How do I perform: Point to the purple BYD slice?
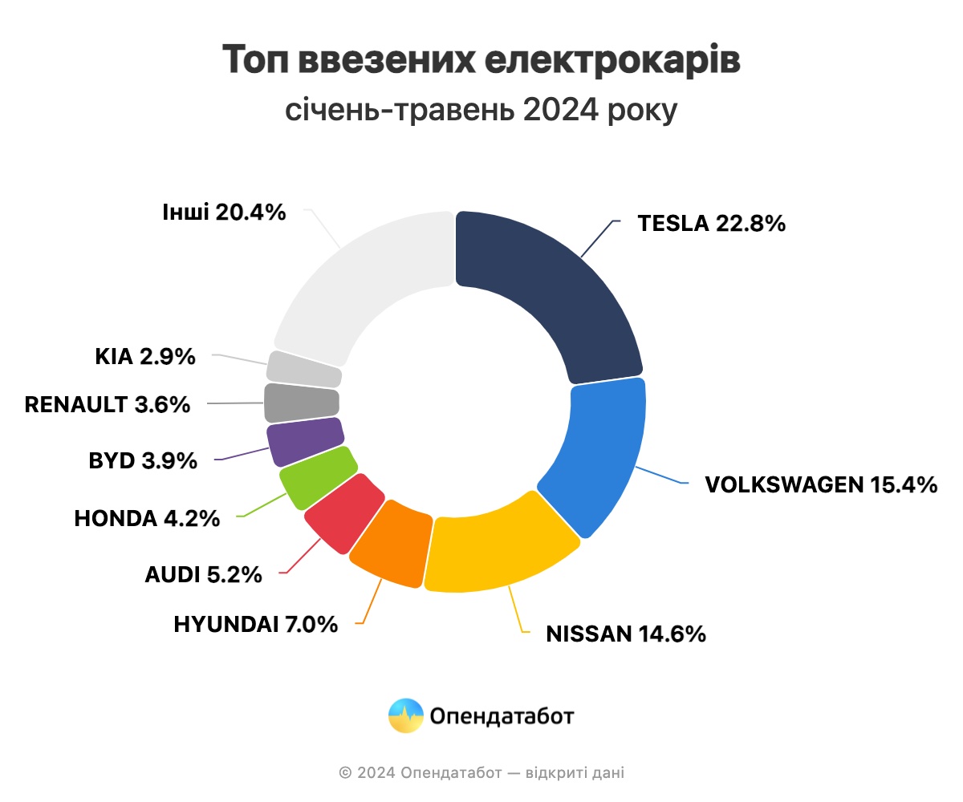[x=304, y=442]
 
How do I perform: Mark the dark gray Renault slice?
[x=301, y=403]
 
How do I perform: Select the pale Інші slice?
[x=361, y=281]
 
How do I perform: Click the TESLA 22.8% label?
[x=711, y=223]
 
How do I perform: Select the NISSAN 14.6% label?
[x=626, y=634]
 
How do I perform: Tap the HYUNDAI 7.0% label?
[x=256, y=624]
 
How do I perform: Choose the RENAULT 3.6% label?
[x=108, y=404]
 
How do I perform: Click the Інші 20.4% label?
[x=224, y=213]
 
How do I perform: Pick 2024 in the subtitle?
[x=559, y=109]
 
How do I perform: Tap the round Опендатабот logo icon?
[x=405, y=715]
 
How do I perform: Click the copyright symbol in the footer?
[x=346, y=773]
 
